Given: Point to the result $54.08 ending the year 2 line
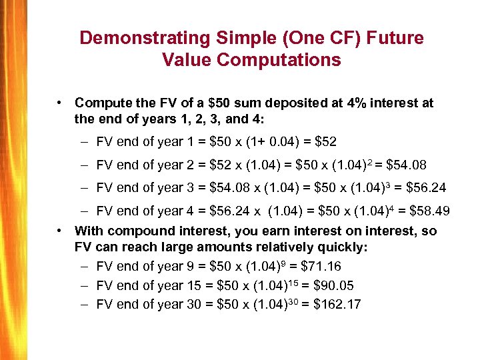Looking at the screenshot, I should (x=405, y=165).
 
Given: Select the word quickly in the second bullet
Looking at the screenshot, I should (x=343, y=247).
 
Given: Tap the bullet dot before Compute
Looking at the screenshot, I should (x=60, y=103).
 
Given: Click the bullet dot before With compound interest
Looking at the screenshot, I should (x=60, y=231).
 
